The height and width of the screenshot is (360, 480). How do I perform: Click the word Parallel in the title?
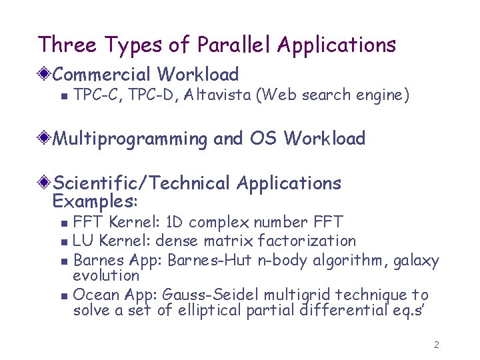coord(235,45)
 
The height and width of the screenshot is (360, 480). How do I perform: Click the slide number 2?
coord(436,345)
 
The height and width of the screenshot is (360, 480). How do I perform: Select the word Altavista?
coord(219,95)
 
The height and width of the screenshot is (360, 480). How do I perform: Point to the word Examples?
coord(95,200)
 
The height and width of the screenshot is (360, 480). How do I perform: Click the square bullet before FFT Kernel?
coord(63,223)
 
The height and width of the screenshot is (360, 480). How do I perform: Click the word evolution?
coord(106,275)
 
